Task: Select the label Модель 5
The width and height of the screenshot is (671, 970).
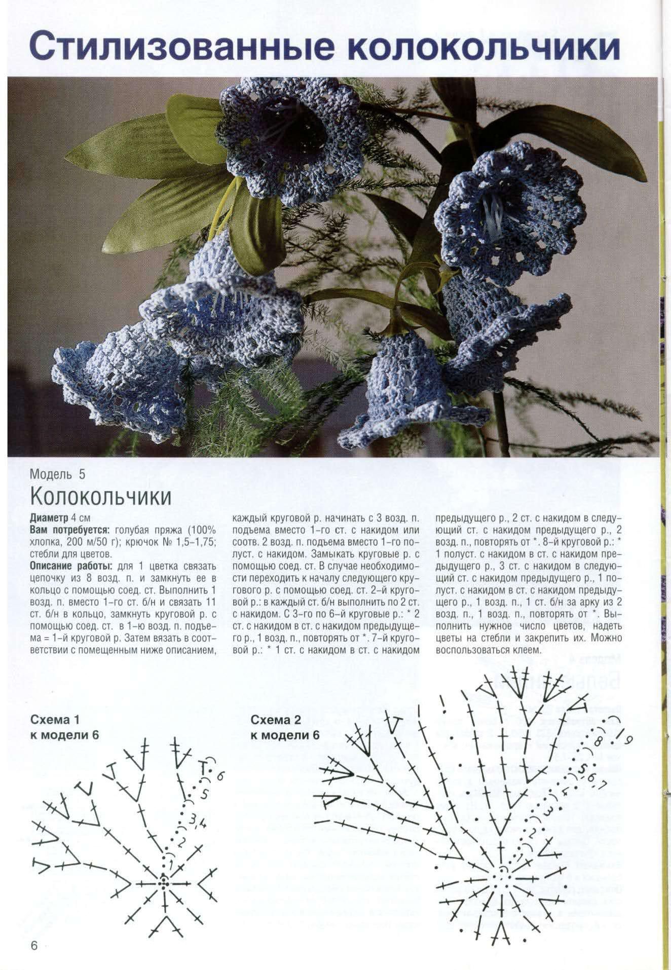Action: click(57, 474)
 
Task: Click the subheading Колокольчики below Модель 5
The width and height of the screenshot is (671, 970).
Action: click(100, 497)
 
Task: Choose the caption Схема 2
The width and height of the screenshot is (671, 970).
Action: click(276, 720)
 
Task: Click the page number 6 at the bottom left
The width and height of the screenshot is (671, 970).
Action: click(34, 947)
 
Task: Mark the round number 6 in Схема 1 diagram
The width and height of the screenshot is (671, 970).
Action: click(220, 776)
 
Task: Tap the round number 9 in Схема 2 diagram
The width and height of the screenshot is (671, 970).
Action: click(627, 741)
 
